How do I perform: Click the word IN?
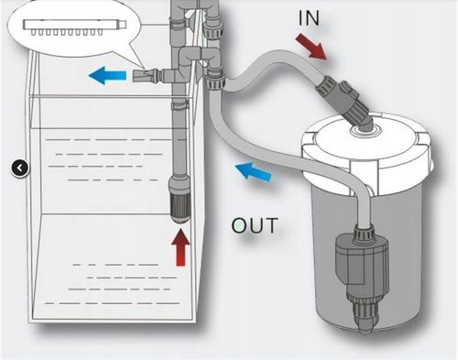tap(309, 17)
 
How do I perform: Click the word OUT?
tap(255, 225)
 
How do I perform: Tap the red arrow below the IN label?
tap(311, 46)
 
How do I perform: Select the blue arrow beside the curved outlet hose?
tap(253, 172)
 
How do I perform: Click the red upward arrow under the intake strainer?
tap(180, 247)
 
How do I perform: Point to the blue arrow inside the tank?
tap(107, 75)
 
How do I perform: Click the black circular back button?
tap(20, 168)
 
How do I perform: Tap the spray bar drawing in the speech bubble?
tap(75, 27)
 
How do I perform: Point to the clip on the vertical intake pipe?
tap(180, 105)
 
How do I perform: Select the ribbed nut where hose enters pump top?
tap(364, 235)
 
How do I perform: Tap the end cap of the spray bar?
tap(123, 24)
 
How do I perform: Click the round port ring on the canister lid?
tap(365, 131)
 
